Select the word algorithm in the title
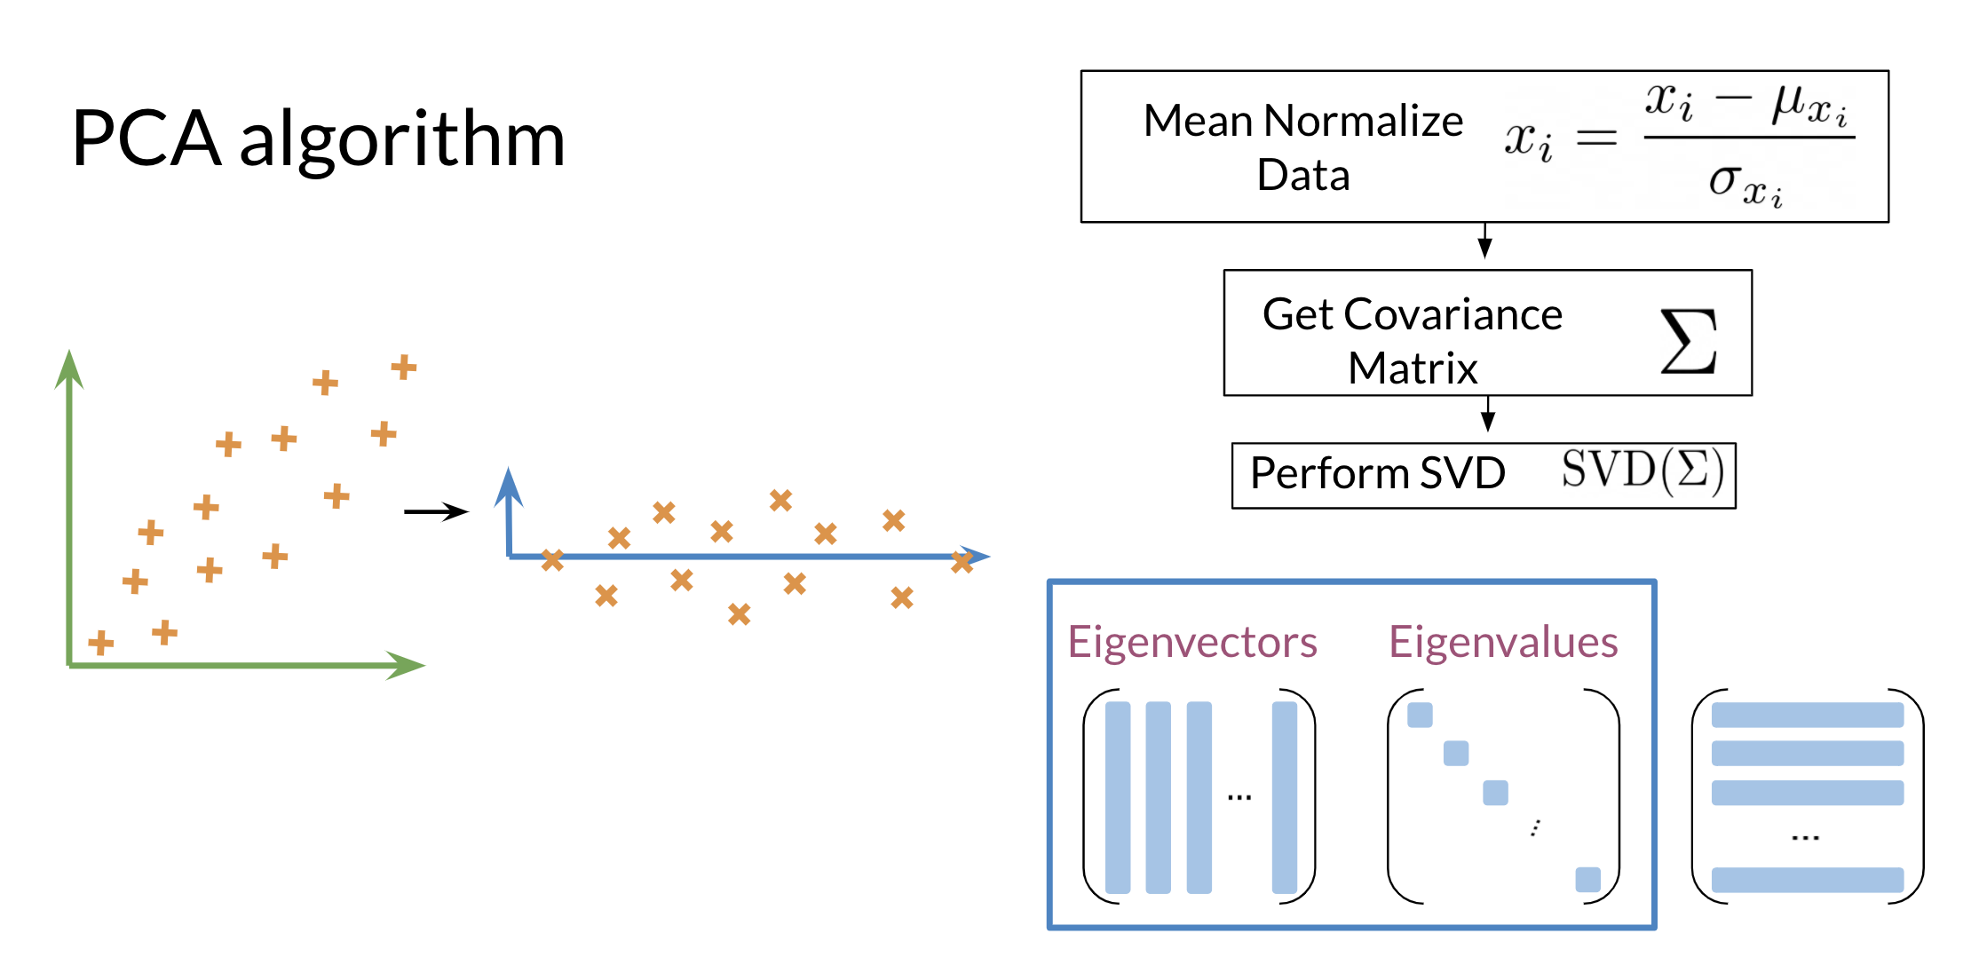pyautogui.click(x=402, y=142)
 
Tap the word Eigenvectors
pyautogui.click(x=1191, y=642)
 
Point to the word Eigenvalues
pyautogui.click(x=1503, y=642)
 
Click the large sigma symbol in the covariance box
pyautogui.click(x=1688, y=340)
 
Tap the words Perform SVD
pyautogui.click(x=1377, y=473)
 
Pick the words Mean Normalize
pyautogui.click(x=1302, y=121)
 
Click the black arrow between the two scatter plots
pyautogui.click(x=436, y=511)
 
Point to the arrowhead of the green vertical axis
pyautogui.click(x=69, y=368)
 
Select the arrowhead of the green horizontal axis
pyautogui.click(x=406, y=665)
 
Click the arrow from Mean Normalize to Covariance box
pyautogui.click(x=1484, y=241)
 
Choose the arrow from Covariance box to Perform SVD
pyautogui.click(x=1488, y=414)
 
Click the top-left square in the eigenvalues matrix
pyautogui.click(x=1420, y=715)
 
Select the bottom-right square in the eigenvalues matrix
pyautogui.click(x=1587, y=880)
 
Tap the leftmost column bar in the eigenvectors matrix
pyautogui.click(x=1118, y=797)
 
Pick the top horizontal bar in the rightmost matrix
pyautogui.click(x=1808, y=715)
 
